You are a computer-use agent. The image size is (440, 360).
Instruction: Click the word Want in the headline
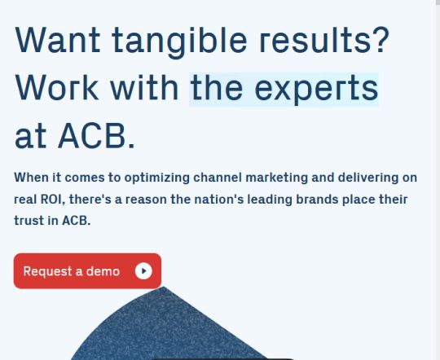click(58, 40)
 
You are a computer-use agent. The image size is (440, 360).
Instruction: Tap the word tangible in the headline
click(179, 42)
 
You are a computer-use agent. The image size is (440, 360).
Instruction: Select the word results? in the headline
click(324, 40)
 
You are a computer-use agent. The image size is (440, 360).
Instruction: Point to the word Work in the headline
click(57, 87)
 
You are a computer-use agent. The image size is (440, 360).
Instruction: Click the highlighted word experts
click(316, 90)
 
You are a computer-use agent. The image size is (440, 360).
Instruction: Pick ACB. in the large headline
click(96, 136)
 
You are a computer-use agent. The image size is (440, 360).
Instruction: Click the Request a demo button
click(87, 270)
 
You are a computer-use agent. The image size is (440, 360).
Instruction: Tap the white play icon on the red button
click(143, 271)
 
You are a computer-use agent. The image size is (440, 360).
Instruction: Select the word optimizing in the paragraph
click(157, 178)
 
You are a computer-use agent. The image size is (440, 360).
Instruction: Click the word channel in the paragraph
click(218, 178)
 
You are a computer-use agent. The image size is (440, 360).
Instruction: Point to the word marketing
click(277, 178)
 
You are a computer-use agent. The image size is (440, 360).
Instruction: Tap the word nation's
click(219, 200)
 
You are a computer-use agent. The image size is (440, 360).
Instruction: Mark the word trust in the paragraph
click(29, 221)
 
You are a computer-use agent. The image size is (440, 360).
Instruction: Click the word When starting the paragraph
click(31, 178)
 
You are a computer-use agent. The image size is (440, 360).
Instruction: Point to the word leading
click(270, 200)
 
